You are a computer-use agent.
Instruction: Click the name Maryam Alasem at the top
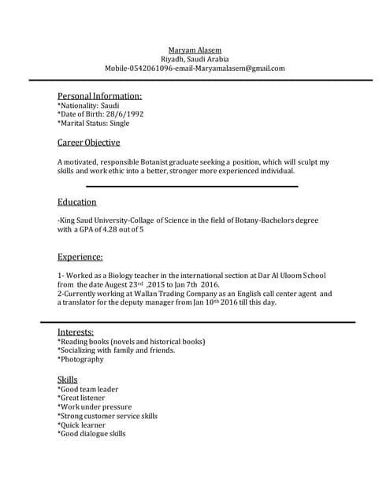click(x=195, y=50)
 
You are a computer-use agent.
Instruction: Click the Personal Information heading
click(x=100, y=96)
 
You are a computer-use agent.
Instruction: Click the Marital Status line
click(x=94, y=124)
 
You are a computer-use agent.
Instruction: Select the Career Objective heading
click(x=89, y=143)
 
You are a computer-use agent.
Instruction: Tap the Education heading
click(x=77, y=202)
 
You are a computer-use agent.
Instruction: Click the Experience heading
click(x=80, y=257)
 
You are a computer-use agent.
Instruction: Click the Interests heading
click(x=76, y=332)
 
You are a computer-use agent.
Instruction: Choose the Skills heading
click(x=68, y=380)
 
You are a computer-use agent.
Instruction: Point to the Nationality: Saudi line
click(x=88, y=106)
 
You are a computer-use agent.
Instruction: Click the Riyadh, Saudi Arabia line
click(x=195, y=59)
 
